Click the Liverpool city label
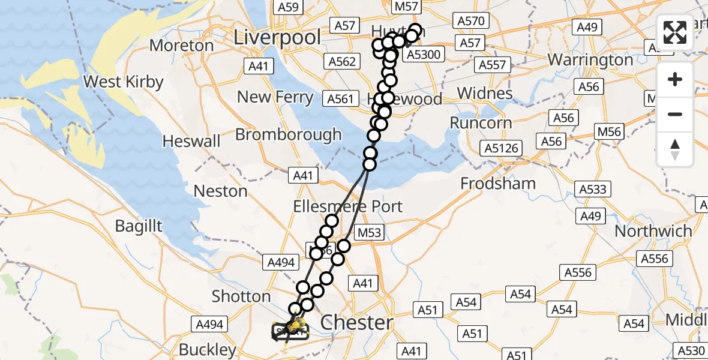pos(277,37)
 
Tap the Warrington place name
pos(590,60)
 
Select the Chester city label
pos(356,323)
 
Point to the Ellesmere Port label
pos(348,206)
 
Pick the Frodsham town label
pos(498,183)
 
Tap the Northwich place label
pos(653,230)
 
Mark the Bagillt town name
pos(140,226)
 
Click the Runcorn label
pos(481,123)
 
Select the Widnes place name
pos(485,93)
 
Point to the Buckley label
pos(208,349)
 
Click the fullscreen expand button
pos(675,32)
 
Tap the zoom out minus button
pos(675,114)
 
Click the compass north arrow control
pos(675,149)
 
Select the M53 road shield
pos(370,232)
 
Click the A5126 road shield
pos(502,148)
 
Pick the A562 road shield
pos(343,61)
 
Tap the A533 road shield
pos(593,190)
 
